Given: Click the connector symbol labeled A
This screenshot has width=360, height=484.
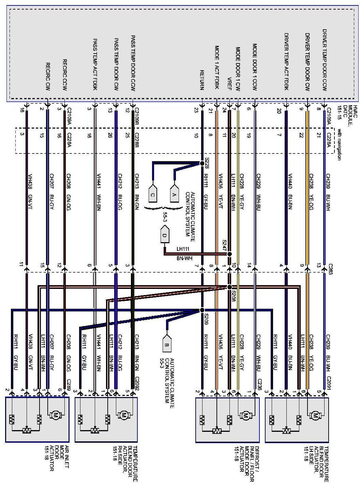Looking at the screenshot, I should (175, 188).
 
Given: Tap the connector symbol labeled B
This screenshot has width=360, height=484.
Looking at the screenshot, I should (167, 342).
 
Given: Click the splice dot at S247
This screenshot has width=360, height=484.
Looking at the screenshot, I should (229, 254).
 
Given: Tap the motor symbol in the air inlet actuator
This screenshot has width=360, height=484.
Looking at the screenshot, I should (55, 415).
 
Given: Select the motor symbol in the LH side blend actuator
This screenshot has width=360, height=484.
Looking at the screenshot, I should (314, 415).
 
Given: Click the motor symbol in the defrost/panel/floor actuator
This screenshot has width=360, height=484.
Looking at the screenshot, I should (244, 415).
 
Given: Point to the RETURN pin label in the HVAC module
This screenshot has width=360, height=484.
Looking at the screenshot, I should (202, 80).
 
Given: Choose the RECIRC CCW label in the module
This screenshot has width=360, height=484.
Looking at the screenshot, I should (64, 75).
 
